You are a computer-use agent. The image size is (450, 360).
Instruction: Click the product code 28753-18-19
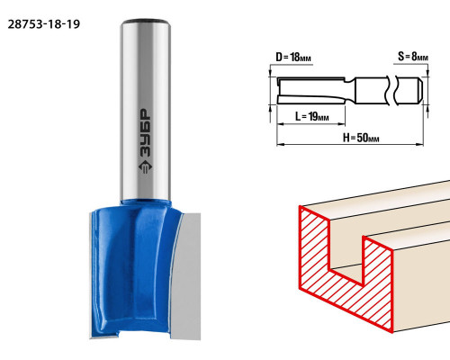(x=44, y=24)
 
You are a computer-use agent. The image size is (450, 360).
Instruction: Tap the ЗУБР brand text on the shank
(x=146, y=132)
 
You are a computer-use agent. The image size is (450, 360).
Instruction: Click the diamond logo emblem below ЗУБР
(x=146, y=167)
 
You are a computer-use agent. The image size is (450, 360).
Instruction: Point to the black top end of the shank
(x=146, y=22)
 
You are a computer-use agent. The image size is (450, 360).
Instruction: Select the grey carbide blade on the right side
(x=186, y=276)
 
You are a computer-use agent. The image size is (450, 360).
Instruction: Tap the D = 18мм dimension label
(x=293, y=57)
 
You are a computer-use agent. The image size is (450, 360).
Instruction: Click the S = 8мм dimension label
(x=413, y=56)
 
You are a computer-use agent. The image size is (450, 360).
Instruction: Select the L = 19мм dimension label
(x=311, y=116)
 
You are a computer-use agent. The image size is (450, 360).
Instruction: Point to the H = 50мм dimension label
(x=361, y=138)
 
